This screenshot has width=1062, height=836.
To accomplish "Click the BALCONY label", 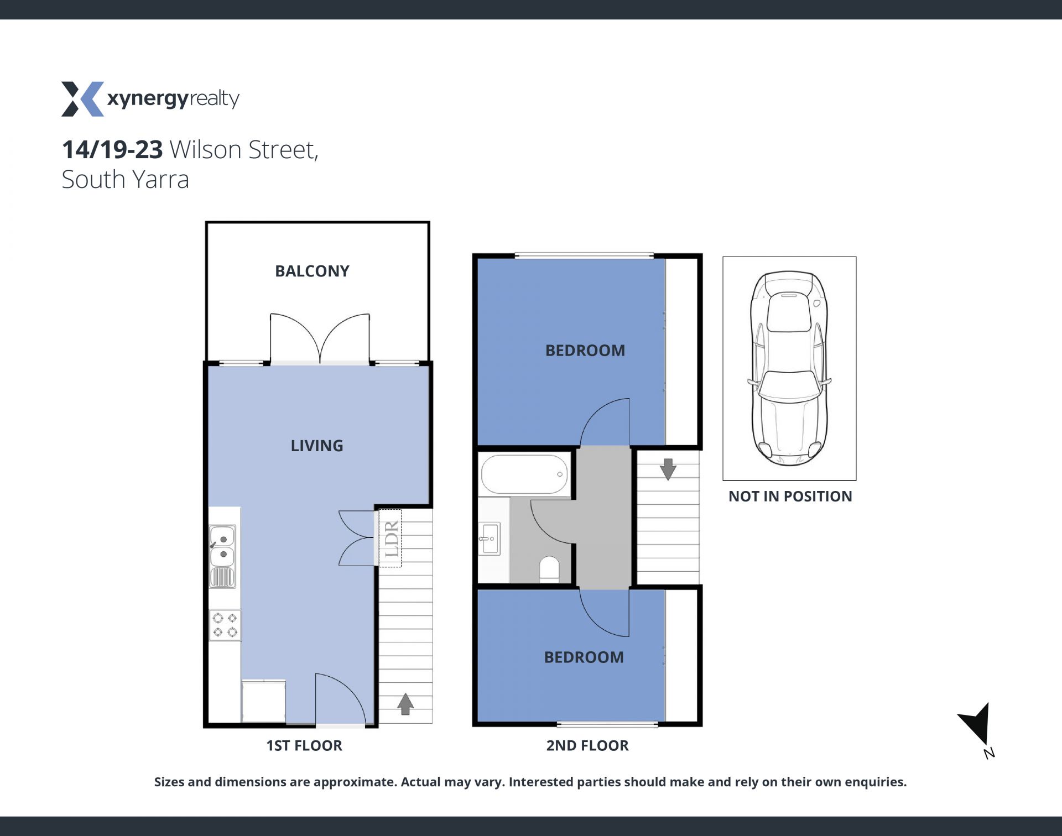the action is [312, 271].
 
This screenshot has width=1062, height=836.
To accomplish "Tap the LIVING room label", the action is [317, 446].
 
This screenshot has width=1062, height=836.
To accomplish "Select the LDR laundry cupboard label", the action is [391, 539].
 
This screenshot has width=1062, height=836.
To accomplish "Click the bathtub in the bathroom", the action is [524, 474].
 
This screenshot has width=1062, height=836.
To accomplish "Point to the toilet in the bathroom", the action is [549, 569].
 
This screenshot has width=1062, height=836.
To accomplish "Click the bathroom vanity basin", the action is [490, 538].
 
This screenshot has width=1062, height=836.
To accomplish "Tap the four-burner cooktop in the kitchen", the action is [225, 625].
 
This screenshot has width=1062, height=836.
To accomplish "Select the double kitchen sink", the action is [222, 556].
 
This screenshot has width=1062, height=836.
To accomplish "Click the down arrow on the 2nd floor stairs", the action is [668, 469].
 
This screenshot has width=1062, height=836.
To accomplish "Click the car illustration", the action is [789, 368].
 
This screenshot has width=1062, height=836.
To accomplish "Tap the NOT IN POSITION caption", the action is [790, 497].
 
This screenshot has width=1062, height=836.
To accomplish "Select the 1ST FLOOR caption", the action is [304, 746].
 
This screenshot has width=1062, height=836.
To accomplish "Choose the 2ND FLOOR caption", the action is [587, 746].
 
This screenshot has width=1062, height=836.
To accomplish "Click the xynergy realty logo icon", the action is [82, 99].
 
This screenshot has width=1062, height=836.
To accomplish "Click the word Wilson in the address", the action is [205, 150].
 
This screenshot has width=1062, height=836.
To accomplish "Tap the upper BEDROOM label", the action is [585, 351].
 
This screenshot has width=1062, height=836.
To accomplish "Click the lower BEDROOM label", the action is [584, 657].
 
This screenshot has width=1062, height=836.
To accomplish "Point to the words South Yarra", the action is [126, 180].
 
